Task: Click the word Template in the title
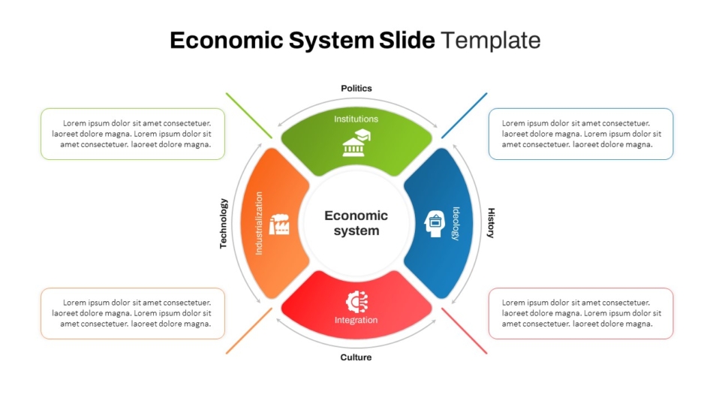[491, 40]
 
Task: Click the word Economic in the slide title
[227, 40]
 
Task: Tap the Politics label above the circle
[356, 89]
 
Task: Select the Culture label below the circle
[356, 357]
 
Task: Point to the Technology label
[223, 224]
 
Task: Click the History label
[491, 223]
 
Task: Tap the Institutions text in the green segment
[356, 119]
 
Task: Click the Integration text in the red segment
[356, 320]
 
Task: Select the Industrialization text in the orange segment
[259, 223]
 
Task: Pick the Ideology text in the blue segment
[456, 224]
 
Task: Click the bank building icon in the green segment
[356, 143]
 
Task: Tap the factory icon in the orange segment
[279, 225]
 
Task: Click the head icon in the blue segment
[435, 224]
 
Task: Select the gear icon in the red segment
[357, 302]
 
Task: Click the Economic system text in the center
[356, 223]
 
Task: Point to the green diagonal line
[248, 116]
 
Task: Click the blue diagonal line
[465, 116]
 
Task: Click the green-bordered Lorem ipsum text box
[133, 134]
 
